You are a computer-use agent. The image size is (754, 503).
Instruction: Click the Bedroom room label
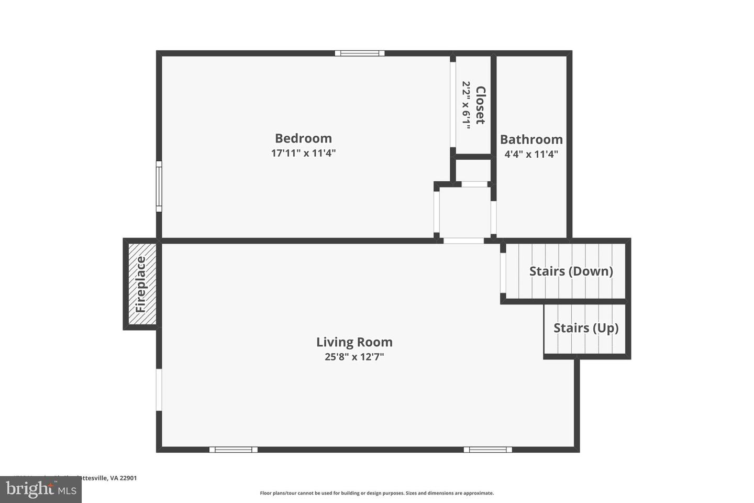(x=303, y=138)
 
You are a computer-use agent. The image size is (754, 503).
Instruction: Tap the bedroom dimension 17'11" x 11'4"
(x=303, y=154)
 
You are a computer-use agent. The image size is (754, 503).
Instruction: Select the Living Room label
(x=354, y=342)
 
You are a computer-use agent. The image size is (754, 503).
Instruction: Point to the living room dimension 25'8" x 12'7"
(x=354, y=357)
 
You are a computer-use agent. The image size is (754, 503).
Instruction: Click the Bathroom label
(x=531, y=139)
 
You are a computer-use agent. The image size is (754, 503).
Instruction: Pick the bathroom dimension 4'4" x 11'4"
(x=531, y=155)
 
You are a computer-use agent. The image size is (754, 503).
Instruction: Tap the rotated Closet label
(x=480, y=105)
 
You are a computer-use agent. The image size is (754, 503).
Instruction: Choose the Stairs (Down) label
(x=571, y=271)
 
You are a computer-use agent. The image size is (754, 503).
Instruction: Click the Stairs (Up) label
(x=586, y=328)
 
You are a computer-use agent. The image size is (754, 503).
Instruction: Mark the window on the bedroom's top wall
(x=360, y=53)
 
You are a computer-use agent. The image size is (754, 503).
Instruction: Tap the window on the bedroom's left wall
(x=159, y=187)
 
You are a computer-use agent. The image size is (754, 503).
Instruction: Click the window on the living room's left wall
(x=159, y=389)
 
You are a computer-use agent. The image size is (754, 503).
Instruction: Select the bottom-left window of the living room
(x=234, y=450)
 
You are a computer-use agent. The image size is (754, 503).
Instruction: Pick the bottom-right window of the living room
(x=487, y=450)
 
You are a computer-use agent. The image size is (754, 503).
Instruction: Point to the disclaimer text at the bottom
(x=376, y=493)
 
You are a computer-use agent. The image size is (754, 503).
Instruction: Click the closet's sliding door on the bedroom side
(x=453, y=105)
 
